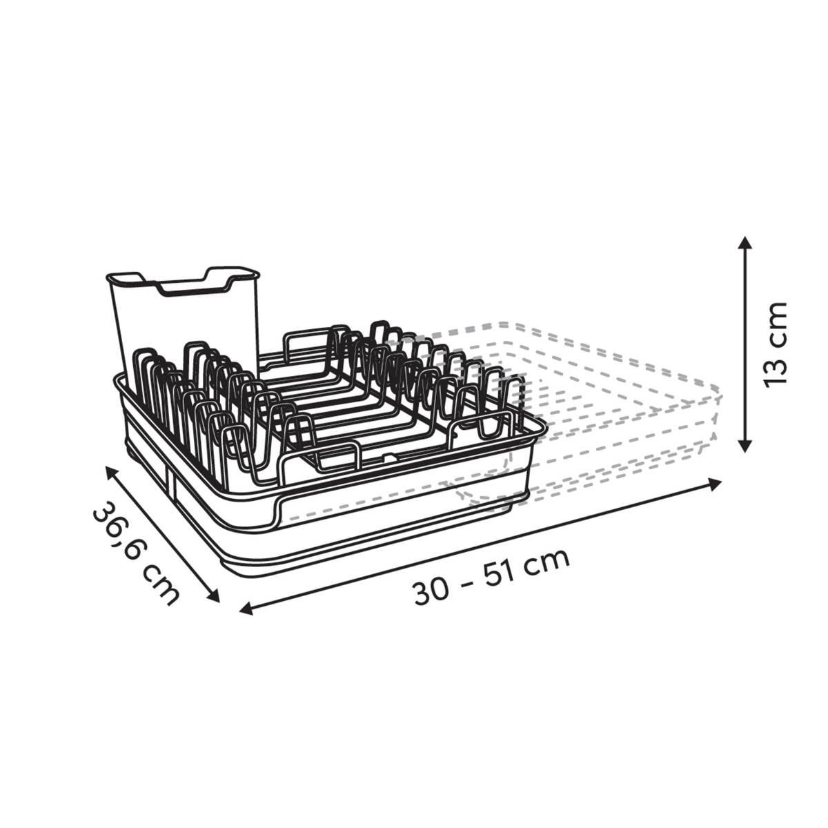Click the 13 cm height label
(x=776, y=345)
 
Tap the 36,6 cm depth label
(x=136, y=554)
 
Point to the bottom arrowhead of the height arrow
(x=745, y=445)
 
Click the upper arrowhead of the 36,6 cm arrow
(x=112, y=473)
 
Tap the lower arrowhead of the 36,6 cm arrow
(x=213, y=596)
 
